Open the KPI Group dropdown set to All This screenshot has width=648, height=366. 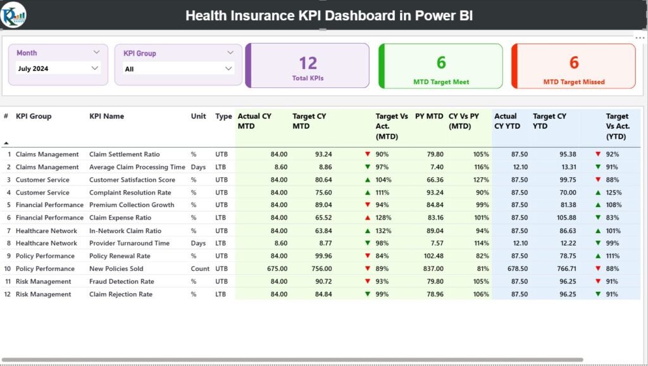[x=178, y=68]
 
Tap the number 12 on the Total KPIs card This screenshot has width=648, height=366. [x=308, y=63]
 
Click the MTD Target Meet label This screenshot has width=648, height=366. [x=441, y=82]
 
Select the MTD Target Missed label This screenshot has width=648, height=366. [x=574, y=82]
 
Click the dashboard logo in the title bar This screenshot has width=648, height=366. [x=13, y=14]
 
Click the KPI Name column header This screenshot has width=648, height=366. [x=106, y=117]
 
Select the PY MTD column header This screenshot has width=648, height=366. [x=429, y=117]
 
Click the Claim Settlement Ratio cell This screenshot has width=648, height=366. [x=124, y=155]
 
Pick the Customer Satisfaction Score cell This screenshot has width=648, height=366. [x=132, y=180]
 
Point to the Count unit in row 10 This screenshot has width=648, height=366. [x=200, y=268]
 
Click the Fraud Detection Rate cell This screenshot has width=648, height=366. [x=121, y=281]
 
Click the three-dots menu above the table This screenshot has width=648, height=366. [x=639, y=38]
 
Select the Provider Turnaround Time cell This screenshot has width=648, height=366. [x=129, y=243]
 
